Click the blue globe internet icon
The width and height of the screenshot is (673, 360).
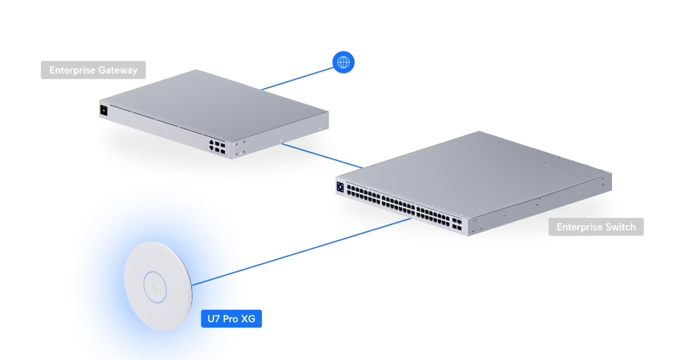pos(344,62)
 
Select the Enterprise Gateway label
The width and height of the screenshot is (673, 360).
pos(93,70)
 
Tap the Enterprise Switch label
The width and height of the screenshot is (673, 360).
pos(596,227)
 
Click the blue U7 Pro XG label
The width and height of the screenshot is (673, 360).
pos(231,318)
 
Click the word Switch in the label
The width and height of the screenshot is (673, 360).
pos(620,227)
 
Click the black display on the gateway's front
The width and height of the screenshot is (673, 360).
pos(103,110)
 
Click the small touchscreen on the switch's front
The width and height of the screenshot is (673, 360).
pos(340,187)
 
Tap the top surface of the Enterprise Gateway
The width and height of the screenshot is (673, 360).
pos(214,104)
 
